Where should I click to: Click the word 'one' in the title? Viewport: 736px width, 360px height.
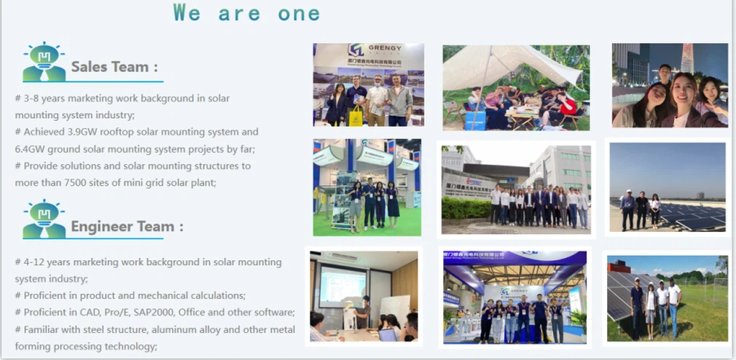(x=300, y=12)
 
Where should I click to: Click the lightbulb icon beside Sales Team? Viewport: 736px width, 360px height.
(x=44, y=63)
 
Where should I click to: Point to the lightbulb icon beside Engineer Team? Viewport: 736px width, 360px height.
(x=44, y=219)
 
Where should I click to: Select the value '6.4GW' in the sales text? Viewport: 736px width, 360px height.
(x=30, y=149)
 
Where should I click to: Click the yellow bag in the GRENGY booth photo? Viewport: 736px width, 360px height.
(x=356, y=117)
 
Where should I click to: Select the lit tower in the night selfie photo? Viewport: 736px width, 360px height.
(x=687, y=58)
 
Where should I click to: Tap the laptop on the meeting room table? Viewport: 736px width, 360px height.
(x=387, y=334)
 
